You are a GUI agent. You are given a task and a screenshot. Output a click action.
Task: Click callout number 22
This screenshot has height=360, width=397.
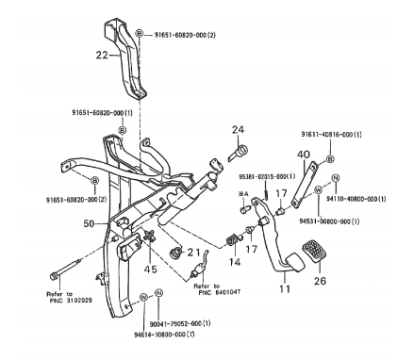[102, 56]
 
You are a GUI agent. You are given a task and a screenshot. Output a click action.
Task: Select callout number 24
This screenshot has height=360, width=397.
[238, 129]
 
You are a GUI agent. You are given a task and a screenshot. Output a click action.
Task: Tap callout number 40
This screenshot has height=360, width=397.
[304, 155]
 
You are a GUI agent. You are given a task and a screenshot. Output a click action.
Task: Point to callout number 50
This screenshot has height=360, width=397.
[89, 223]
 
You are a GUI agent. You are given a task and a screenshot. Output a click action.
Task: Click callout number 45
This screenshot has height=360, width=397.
[150, 269]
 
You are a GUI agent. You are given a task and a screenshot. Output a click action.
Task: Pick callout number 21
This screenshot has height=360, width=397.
[193, 253]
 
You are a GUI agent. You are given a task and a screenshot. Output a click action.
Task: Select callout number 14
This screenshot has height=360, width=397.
[235, 262]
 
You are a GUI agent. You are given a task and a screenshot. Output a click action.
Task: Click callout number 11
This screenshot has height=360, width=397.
[285, 288]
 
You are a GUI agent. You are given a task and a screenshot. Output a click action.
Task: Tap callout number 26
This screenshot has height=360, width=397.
[320, 281]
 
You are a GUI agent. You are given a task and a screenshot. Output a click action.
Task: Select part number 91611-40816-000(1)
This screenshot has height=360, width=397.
[331, 135]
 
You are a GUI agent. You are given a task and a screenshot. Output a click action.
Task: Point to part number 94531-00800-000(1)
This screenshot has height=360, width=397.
[329, 221]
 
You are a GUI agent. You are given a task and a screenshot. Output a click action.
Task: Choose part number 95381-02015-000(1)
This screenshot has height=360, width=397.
[267, 176]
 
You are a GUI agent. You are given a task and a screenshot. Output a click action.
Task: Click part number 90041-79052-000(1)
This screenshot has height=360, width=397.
[181, 323]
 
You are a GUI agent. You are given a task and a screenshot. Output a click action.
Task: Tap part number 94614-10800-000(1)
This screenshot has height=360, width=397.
[164, 335]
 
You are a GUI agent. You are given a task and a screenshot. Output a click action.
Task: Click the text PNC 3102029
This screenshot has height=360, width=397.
[71, 301]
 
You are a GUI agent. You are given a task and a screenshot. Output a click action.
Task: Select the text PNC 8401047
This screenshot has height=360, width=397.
[220, 293]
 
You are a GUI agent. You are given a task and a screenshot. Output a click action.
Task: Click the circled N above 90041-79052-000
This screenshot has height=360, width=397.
[158, 293]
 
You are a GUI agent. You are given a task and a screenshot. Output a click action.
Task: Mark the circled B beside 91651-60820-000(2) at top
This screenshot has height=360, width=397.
[140, 34]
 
